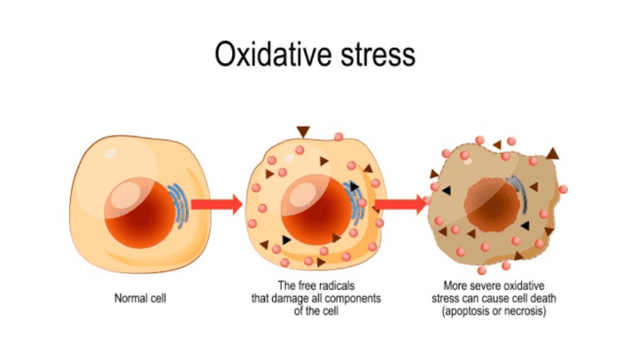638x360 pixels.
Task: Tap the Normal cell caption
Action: pos(140,298)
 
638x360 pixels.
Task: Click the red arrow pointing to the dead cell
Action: pos(401,206)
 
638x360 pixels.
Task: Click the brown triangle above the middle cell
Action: pos(303,131)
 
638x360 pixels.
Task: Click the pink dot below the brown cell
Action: pos(482,270)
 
